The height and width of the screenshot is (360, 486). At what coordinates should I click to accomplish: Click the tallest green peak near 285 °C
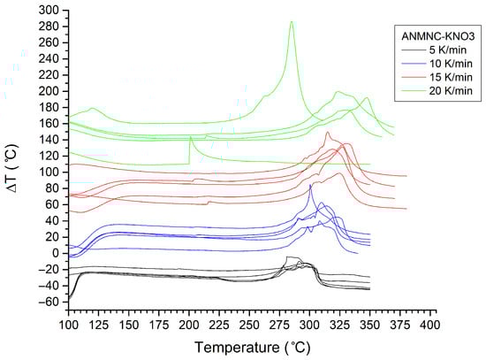tap(291, 22)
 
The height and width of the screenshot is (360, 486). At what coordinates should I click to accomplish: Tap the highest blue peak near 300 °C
tap(310, 184)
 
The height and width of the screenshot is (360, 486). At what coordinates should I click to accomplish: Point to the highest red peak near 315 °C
tap(328, 133)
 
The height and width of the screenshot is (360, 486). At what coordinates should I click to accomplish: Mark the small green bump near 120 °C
tap(92, 109)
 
